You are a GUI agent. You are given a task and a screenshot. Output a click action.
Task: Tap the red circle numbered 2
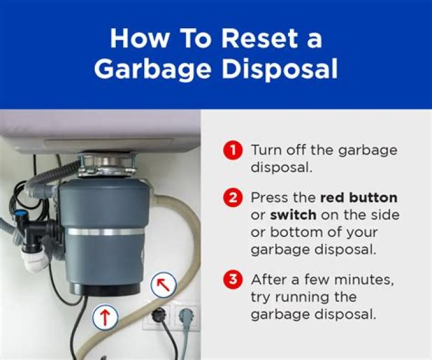click(232, 198)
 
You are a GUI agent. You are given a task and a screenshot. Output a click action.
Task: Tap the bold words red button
click(359, 198)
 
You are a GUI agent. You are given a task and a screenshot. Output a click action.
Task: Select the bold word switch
click(294, 215)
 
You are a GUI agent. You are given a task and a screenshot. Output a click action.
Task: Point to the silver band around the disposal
click(105, 231)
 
